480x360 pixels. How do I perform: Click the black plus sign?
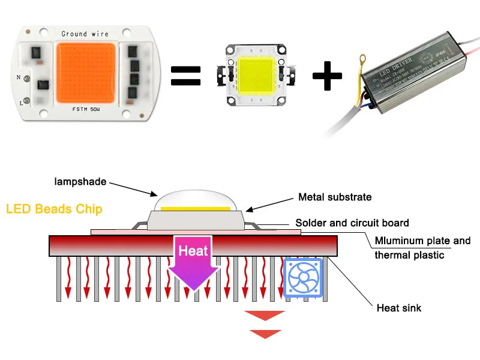coord(328,76)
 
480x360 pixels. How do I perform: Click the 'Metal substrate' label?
coord(335,197)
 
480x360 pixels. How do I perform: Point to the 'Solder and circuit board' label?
coord(353,223)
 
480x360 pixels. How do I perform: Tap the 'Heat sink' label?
coord(399,308)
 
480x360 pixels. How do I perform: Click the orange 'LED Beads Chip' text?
coord(54,209)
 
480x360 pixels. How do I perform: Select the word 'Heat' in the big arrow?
coord(193,251)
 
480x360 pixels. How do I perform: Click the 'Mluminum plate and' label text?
coord(422,241)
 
